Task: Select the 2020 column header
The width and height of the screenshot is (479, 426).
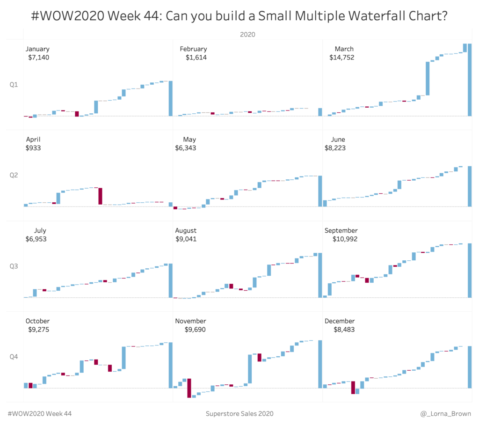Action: click(x=247, y=34)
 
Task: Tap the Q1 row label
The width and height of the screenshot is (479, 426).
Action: click(x=14, y=85)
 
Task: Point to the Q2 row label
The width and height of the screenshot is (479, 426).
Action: click(x=14, y=176)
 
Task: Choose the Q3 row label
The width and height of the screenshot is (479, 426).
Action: click(x=14, y=266)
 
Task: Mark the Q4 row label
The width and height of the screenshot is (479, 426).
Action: click(x=14, y=357)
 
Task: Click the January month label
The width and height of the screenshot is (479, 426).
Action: click(x=37, y=49)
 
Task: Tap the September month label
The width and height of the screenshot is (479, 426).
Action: click(x=341, y=230)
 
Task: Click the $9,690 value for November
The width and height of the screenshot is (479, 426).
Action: click(x=195, y=330)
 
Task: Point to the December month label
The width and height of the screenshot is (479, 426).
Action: click(x=339, y=321)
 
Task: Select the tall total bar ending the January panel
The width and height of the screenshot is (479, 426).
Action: click(x=171, y=98)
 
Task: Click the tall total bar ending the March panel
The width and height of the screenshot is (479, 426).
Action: click(x=469, y=80)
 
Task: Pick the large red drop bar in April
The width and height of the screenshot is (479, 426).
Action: click(x=100, y=196)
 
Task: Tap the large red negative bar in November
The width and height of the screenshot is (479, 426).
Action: click(x=189, y=388)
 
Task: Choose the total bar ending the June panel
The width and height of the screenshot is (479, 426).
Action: click(x=469, y=186)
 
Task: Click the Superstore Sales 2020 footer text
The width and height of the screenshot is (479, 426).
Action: click(x=239, y=414)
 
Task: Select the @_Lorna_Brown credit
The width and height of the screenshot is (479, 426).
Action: click(x=446, y=414)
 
